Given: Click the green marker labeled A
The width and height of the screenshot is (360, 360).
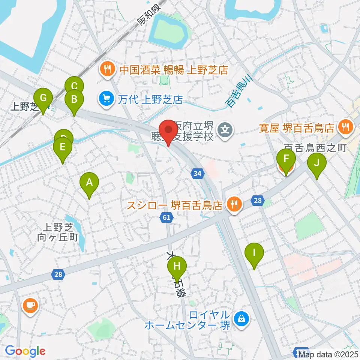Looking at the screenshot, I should [89, 183].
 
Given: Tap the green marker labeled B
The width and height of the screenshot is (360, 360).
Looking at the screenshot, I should [74, 100].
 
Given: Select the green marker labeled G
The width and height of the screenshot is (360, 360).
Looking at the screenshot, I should [43, 99].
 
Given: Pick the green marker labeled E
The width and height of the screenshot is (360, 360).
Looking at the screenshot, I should [63, 147].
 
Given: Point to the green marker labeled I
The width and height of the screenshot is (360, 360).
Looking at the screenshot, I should [254, 252].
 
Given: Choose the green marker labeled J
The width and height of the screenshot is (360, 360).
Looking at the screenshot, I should [317, 163].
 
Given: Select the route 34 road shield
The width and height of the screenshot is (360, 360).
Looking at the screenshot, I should [198, 173].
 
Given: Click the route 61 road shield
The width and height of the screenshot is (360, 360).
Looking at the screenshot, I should [167, 217].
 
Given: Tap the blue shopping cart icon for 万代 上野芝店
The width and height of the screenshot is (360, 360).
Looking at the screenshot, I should [106, 99].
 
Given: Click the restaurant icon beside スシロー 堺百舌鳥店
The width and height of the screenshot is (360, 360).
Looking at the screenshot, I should [234, 205].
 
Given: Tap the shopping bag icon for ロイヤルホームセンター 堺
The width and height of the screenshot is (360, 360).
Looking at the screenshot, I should [240, 319].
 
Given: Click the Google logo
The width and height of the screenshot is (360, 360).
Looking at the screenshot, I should [25, 351].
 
